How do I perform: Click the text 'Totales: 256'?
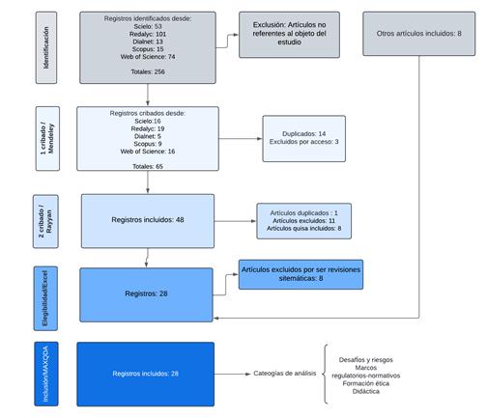tap(148, 70)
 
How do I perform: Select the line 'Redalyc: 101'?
tap(148, 34)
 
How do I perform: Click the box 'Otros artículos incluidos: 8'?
tap(418, 34)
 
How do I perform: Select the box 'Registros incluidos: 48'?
tap(148, 220)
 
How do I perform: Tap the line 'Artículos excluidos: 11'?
tap(305, 220)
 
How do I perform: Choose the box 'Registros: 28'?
tap(148, 293)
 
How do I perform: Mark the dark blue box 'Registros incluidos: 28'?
tap(145, 372)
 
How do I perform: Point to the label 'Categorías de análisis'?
tap(287, 373)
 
